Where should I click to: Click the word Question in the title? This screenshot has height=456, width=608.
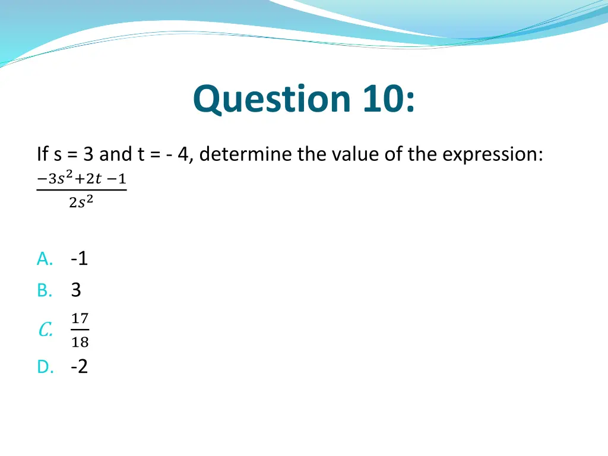[x=272, y=100]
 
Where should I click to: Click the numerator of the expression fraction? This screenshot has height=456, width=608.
[x=81, y=178]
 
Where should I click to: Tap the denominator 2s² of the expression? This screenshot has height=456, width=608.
[x=81, y=202]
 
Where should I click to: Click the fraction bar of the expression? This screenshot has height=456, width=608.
[x=81, y=190]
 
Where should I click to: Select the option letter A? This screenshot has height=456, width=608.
[x=45, y=259]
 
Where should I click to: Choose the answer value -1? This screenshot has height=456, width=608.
[x=79, y=259]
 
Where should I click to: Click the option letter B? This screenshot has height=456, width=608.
[x=45, y=290]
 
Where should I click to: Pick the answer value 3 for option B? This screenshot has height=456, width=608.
[x=76, y=290]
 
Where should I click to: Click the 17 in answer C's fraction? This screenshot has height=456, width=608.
[x=80, y=319]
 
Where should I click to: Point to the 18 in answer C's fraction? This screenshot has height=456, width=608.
[x=80, y=342]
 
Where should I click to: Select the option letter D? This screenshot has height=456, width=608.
[x=45, y=368]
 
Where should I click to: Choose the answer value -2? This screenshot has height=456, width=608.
[x=79, y=367]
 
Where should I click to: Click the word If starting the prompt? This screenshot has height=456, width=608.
[x=42, y=155]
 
